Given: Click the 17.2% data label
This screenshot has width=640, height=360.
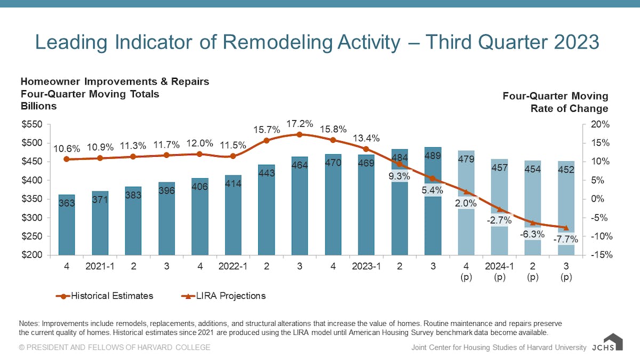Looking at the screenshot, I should point(300,123).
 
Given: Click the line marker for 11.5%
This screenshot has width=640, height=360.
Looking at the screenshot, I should point(233,156).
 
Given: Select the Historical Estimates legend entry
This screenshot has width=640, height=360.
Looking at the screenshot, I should point(105,295).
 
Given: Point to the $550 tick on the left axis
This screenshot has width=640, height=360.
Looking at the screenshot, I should point(33,124).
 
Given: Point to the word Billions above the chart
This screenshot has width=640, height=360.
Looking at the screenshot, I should point(38,106).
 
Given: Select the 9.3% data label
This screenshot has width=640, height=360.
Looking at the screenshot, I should point(399,175).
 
